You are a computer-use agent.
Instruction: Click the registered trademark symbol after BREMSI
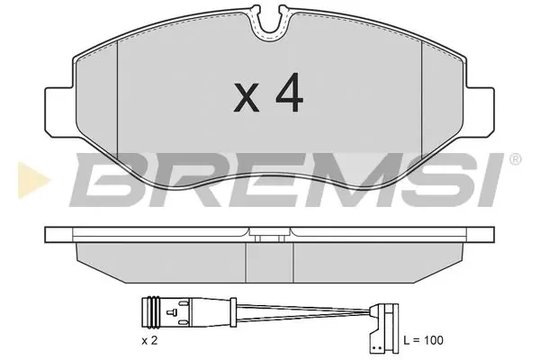[514, 159]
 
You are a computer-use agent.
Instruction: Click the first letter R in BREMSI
[171, 179]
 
